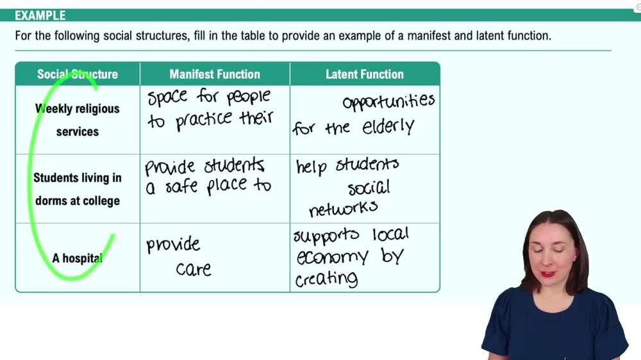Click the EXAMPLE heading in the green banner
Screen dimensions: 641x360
point(40,15)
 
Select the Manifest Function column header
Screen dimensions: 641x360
point(215,74)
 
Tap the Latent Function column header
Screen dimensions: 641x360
point(365,74)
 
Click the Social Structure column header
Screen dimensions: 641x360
point(78,74)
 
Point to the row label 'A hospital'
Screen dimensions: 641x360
point(78,258)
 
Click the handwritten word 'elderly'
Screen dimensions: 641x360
point(388,127)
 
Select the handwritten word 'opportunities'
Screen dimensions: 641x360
point(389,102)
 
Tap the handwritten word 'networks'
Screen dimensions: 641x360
point(344,209)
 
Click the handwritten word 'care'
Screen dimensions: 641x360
point(194,269)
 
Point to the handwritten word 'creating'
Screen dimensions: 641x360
point(326,279)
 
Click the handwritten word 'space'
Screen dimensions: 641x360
point(167,97)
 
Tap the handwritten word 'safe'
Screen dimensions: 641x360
point(181,186)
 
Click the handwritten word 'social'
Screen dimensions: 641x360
point(369,188)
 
